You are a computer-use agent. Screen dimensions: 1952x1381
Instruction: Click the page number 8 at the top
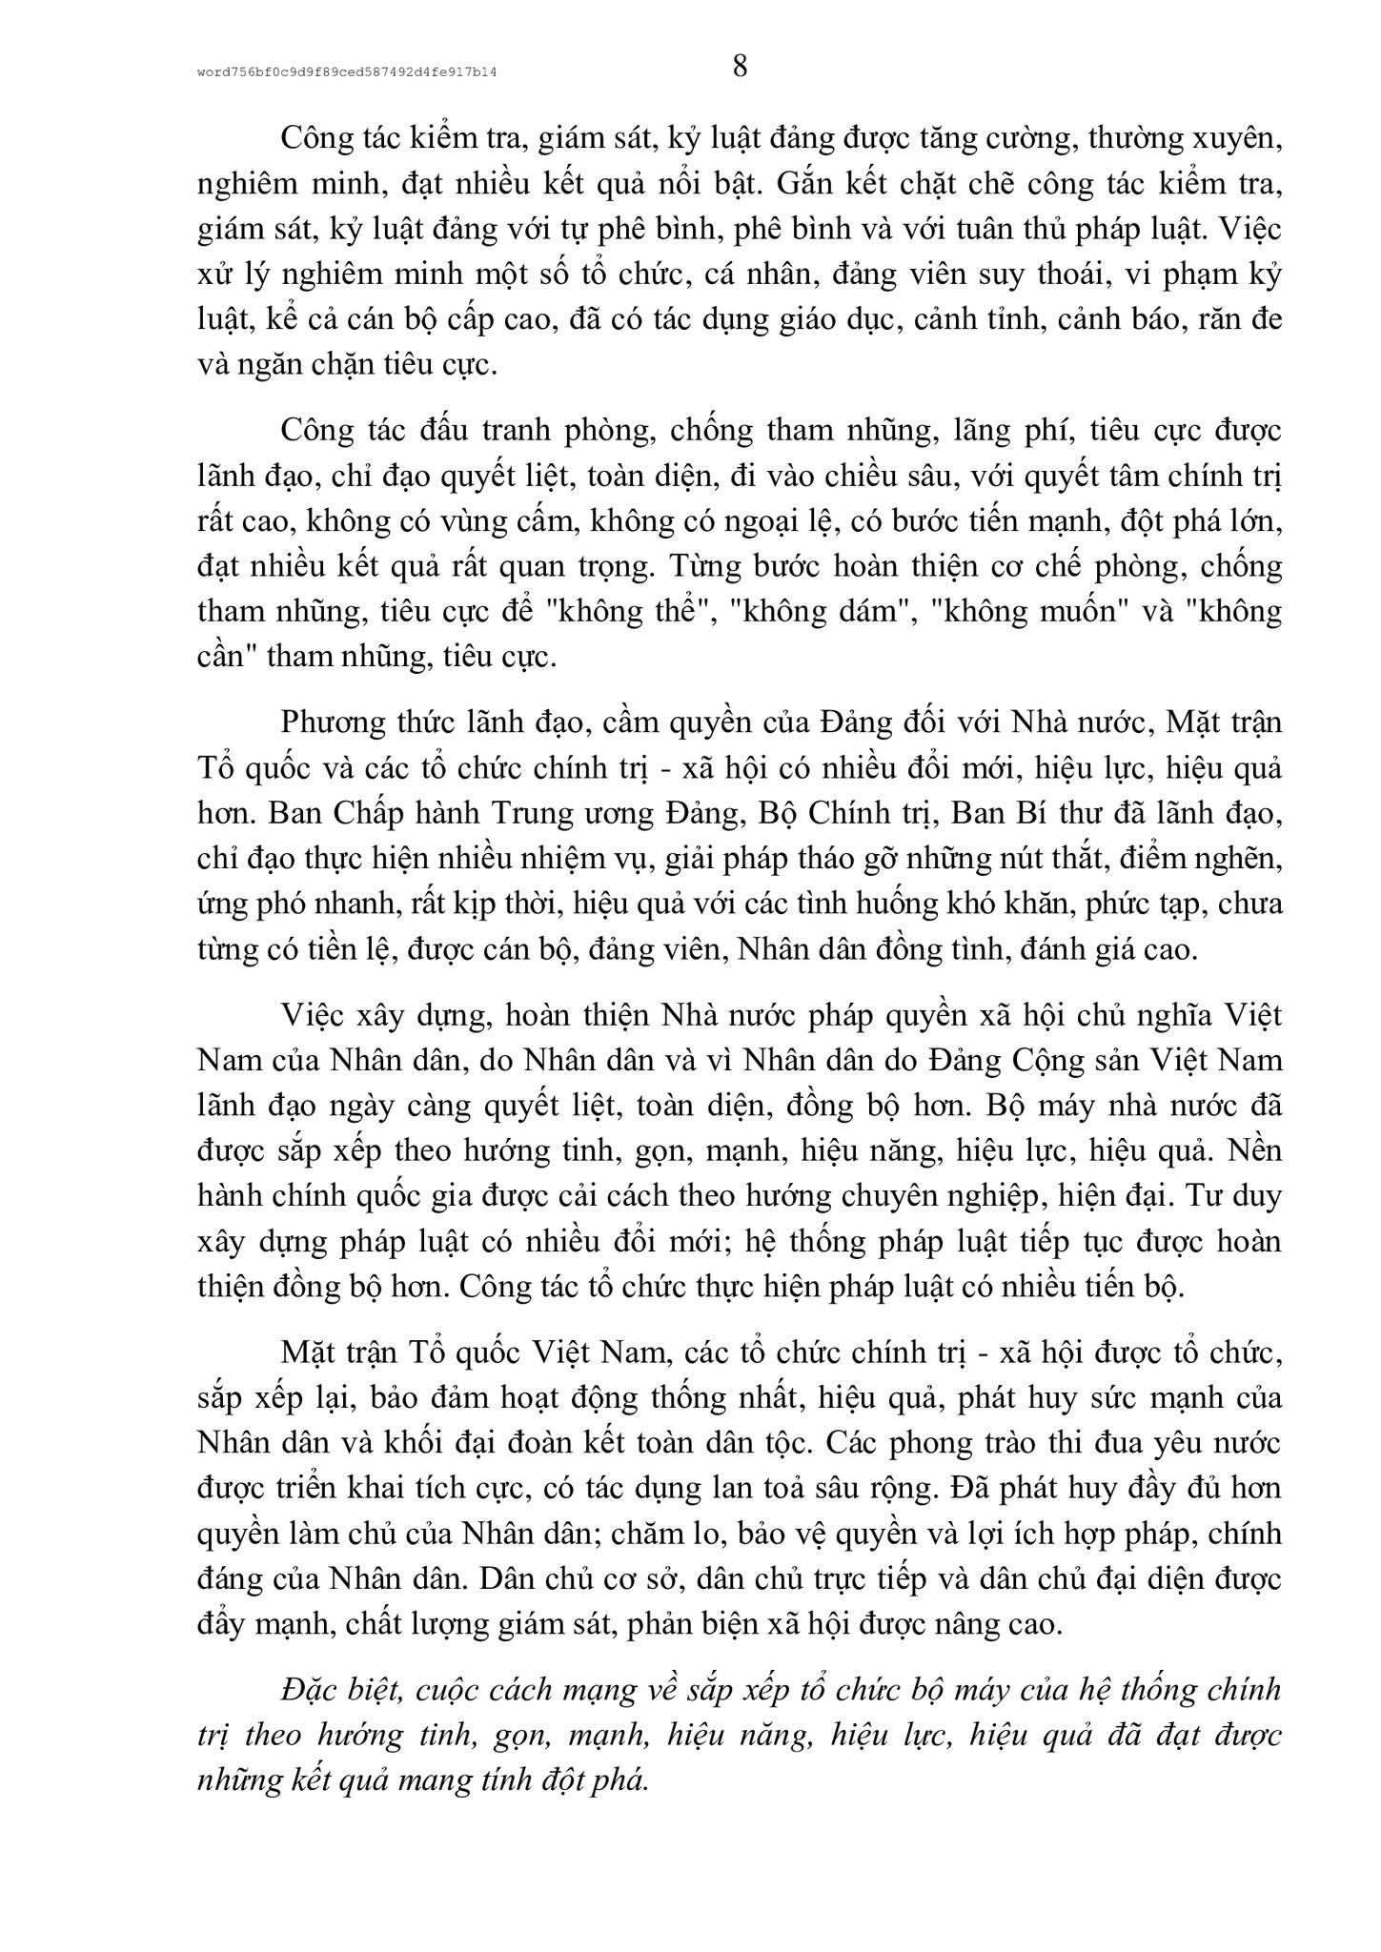pos(740,67)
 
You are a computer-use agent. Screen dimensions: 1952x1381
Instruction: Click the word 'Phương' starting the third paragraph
pos(333,723)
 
